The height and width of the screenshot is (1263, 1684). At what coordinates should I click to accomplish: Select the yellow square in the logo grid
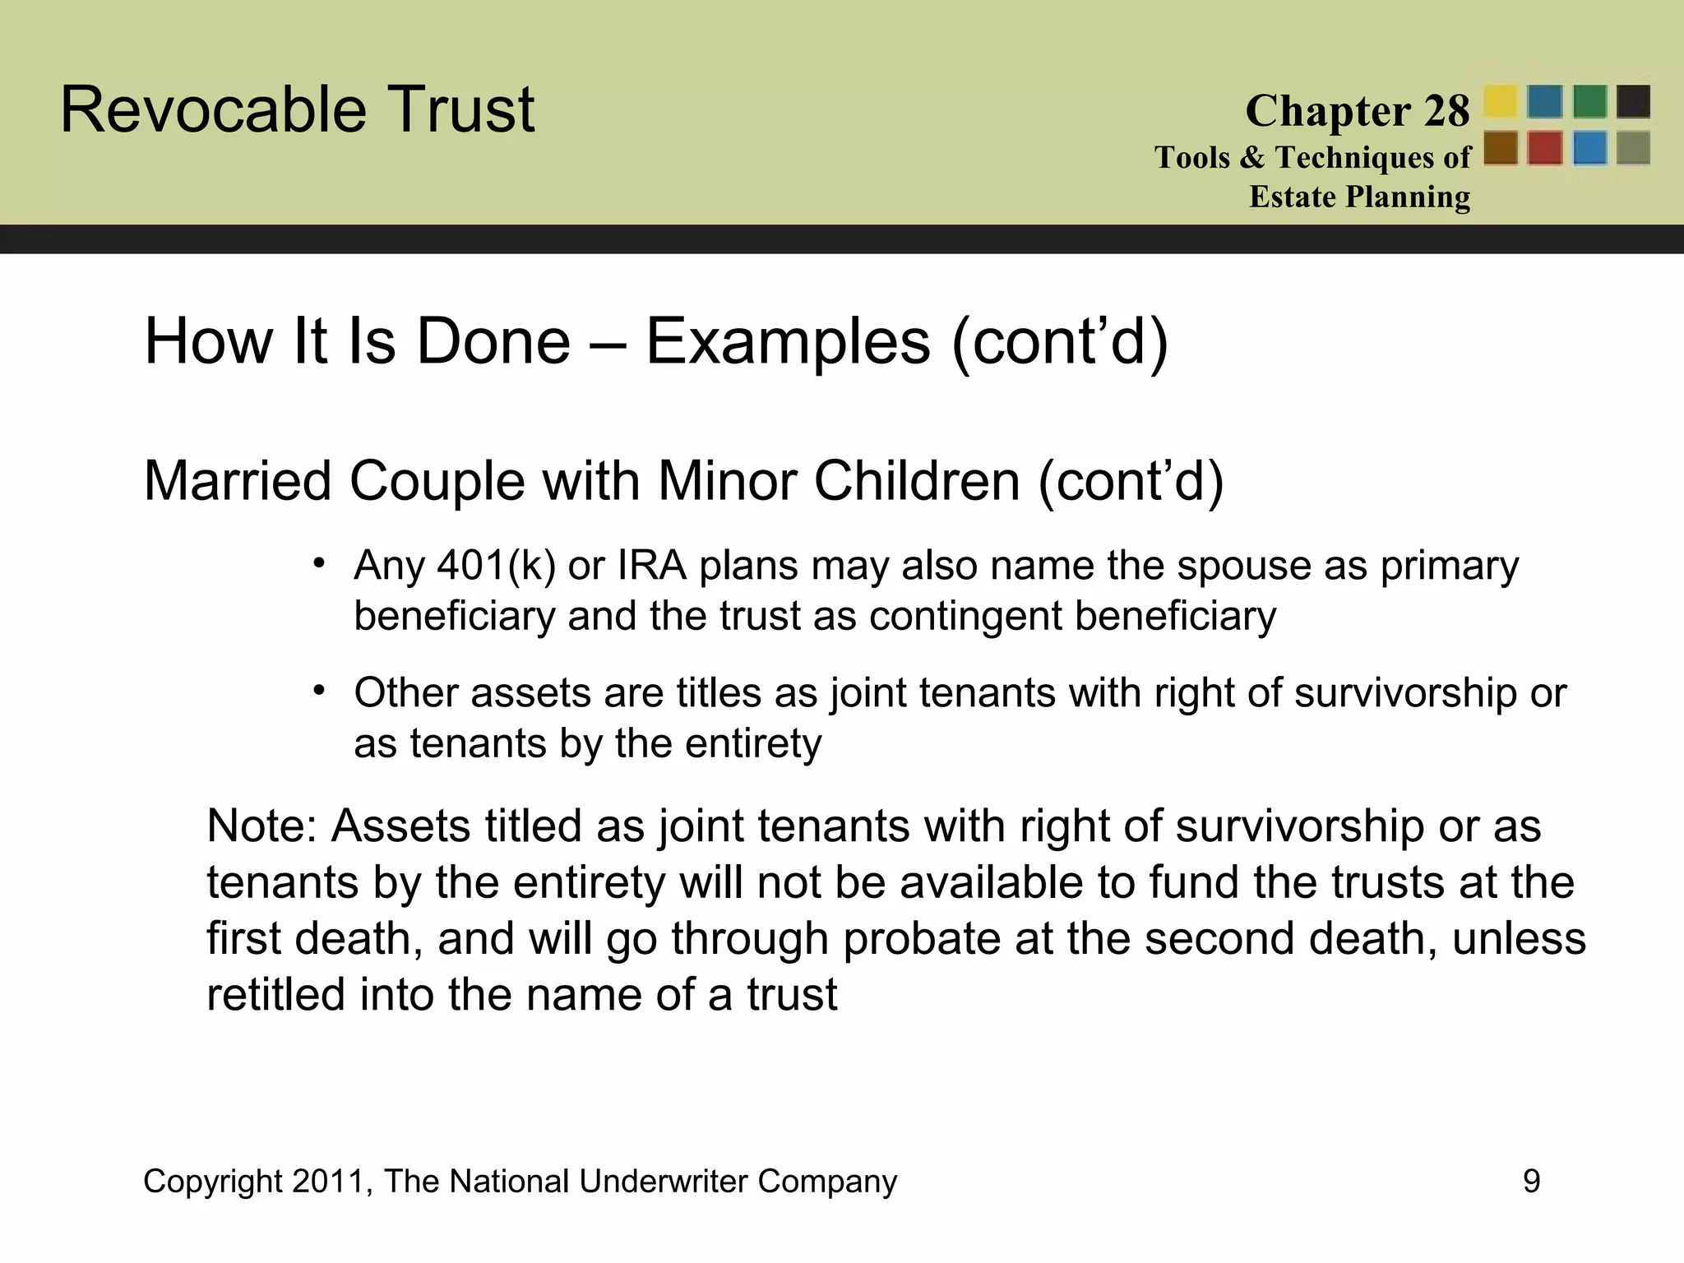pyautogui.click(x=1501, y=102)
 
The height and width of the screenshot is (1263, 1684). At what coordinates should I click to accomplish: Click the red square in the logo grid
pyautogui.click(x=1545, y=149)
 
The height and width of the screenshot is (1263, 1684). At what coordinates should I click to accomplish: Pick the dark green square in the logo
pyautogui.click(x=1589, y=102)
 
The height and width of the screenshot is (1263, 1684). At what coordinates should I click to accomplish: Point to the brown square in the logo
pyautogui.click(x=1501, y=149)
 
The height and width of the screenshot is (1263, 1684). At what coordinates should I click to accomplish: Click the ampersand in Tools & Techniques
pyautogui.click(x=1252, y=157)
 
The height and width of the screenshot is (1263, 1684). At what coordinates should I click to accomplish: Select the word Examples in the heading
pyautogui.click(x=788, y=341)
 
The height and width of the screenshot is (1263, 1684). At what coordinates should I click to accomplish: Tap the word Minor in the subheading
pyautogui.click(x=727, y=481)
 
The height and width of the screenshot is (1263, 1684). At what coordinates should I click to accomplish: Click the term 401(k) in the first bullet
pyautogui.click(x=497, y=566)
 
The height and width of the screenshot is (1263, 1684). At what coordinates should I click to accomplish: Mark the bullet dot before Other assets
pyautogui.click(x=319, y=689)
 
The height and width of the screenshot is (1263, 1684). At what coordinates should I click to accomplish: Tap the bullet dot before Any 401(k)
pyautogui.click(x=319, y=562)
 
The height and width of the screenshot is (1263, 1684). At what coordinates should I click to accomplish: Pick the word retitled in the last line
pyautogui.click(x=275, y=994)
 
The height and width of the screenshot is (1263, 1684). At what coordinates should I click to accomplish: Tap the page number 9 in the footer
pyautogui.click(x=1531, y=1182)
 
